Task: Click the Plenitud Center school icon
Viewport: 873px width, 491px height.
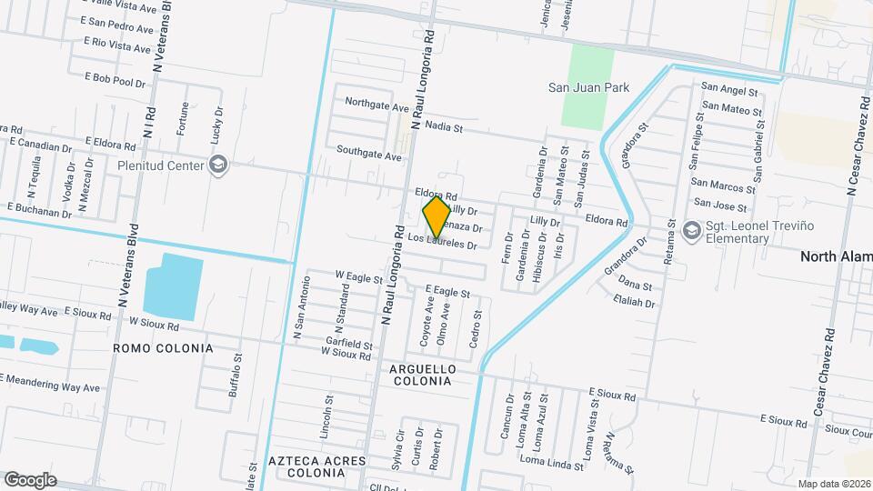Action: click(217, 165)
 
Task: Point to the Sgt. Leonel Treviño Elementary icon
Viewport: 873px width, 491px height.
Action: click(692, 230)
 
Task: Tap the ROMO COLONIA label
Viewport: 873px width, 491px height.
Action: click(163, 348)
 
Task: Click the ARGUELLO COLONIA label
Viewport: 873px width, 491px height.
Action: click(421, 375)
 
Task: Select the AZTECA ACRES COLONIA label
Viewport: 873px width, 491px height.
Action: click(316, 467)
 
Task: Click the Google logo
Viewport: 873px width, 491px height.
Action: click(30, 479)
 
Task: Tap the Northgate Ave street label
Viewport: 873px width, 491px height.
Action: click(376, 106)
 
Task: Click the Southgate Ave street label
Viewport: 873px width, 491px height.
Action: click(368, 152)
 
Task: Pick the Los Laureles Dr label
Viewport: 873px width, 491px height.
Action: click(443, 241)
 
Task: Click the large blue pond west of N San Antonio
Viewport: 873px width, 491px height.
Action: click(174, 286)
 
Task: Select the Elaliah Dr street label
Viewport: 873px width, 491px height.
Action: click(634, 303)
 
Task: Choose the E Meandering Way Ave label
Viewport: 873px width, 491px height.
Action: click(50, 383)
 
